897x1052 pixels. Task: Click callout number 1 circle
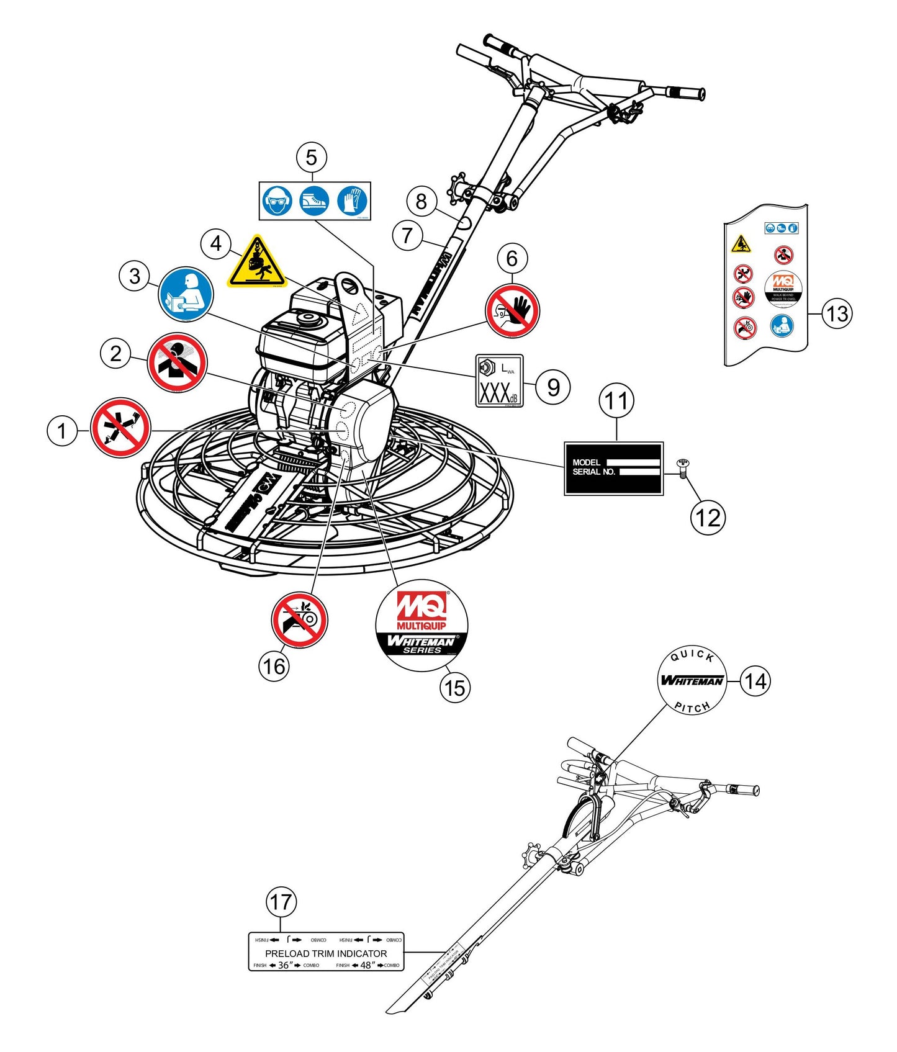pyautogui.click(x=62, y=430)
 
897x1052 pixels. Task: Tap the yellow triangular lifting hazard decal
pyautogui.click(x=256, y=263)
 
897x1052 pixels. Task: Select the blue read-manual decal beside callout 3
pyautogui.click(x=186, y=294)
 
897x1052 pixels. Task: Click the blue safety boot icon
pyautogui.click(x=315, y=201)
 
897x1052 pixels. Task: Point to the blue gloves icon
pyautogui.click(x=353, y=201)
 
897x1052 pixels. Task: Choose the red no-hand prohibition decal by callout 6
pyautogui.click(x=512, y=310)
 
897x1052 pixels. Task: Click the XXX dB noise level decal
pyautogui.click(x=499, y=381)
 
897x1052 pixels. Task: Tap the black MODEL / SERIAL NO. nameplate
pyautogui.click(x=613, y=468)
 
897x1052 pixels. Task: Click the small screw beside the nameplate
pyautogui.click(x=683, y=467)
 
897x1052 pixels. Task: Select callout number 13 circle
pyautogui.click(x=837, y=313)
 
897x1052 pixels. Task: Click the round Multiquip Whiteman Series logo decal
pyautogui.click(x=421, y=626)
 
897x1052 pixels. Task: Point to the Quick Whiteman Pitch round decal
pyautogui.click(x=692, y=681)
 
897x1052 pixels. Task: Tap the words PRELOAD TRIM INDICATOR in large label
pyautogui.click(x=326, y=953)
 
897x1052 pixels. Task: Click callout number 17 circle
pyautogui.click(x=281, y=902)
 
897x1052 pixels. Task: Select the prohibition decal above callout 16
pyautogui.click(x=299, y=619)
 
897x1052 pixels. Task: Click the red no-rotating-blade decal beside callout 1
pyautogui.click(x=120, y=428)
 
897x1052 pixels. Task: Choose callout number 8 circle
pyautogui.click(x=421, y=201)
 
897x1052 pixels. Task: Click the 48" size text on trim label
pyautogui.click(x=367, y=965)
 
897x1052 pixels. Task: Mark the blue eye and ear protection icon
pyautogui.click(x=277, y=201)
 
